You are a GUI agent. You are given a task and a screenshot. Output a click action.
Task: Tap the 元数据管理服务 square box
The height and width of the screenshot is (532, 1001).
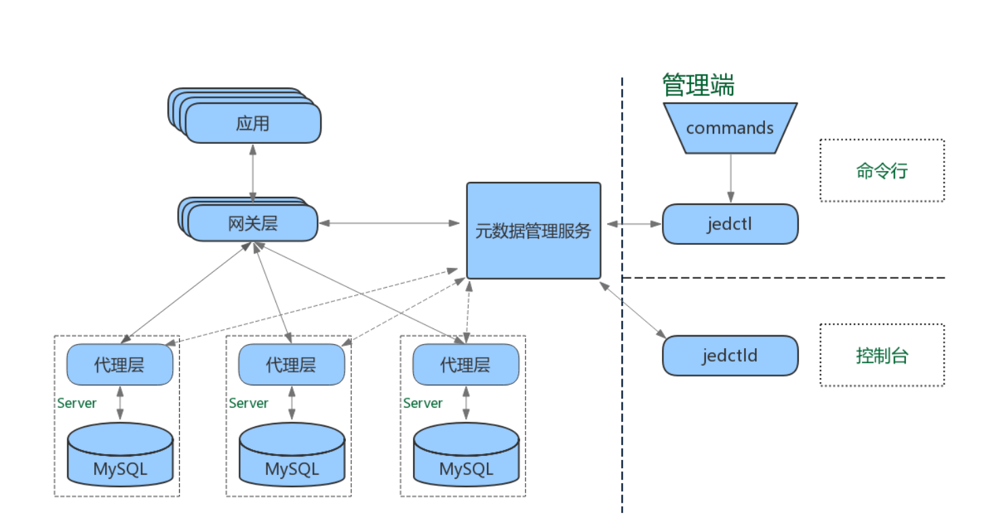click(x=533, y=231)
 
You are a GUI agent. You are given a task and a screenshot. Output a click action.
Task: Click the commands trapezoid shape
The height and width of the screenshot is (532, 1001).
click(x=730, y=128)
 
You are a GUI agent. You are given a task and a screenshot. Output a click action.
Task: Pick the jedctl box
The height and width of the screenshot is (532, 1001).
click(x=730, y=224)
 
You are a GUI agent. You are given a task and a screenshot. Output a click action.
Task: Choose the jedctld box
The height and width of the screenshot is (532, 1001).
click(x=730, y=355)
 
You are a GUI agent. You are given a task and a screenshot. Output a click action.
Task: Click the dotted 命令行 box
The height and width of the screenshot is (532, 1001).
click(x=882, y=171)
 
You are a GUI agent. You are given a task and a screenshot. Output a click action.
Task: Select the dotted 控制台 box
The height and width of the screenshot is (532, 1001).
click(x=882, y=355)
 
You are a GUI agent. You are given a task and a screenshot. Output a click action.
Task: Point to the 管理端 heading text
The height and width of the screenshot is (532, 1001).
click(x=698, y=85)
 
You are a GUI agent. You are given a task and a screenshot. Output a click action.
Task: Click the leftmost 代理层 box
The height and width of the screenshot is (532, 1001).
click(x=119, y=364)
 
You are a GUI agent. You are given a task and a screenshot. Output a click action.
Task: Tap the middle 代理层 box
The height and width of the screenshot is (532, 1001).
click(x=291, y=364)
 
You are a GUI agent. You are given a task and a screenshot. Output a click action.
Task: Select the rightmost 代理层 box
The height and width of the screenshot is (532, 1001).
click(x=465, y=364)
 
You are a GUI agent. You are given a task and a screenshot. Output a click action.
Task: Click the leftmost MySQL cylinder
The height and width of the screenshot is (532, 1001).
click(x=120, y=455)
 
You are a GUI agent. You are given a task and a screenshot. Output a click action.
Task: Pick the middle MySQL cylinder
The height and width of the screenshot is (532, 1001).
click(x=292, y=455)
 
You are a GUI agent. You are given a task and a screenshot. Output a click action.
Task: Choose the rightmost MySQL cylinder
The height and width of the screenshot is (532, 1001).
click(x=466, y=455)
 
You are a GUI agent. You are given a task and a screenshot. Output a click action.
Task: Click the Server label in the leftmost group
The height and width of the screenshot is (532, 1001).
click(x=77, y=403)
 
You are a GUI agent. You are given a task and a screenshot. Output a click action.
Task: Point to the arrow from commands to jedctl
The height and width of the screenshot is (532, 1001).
click(x=730, y=178)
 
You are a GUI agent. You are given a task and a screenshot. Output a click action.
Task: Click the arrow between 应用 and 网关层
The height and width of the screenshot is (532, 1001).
click(x=253, y=173)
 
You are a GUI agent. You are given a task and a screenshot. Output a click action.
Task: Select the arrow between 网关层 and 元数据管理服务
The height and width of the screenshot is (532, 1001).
click(x=389, y=223)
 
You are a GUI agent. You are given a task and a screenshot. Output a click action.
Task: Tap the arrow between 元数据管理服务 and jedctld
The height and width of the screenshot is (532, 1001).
click(x=631, y=309)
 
